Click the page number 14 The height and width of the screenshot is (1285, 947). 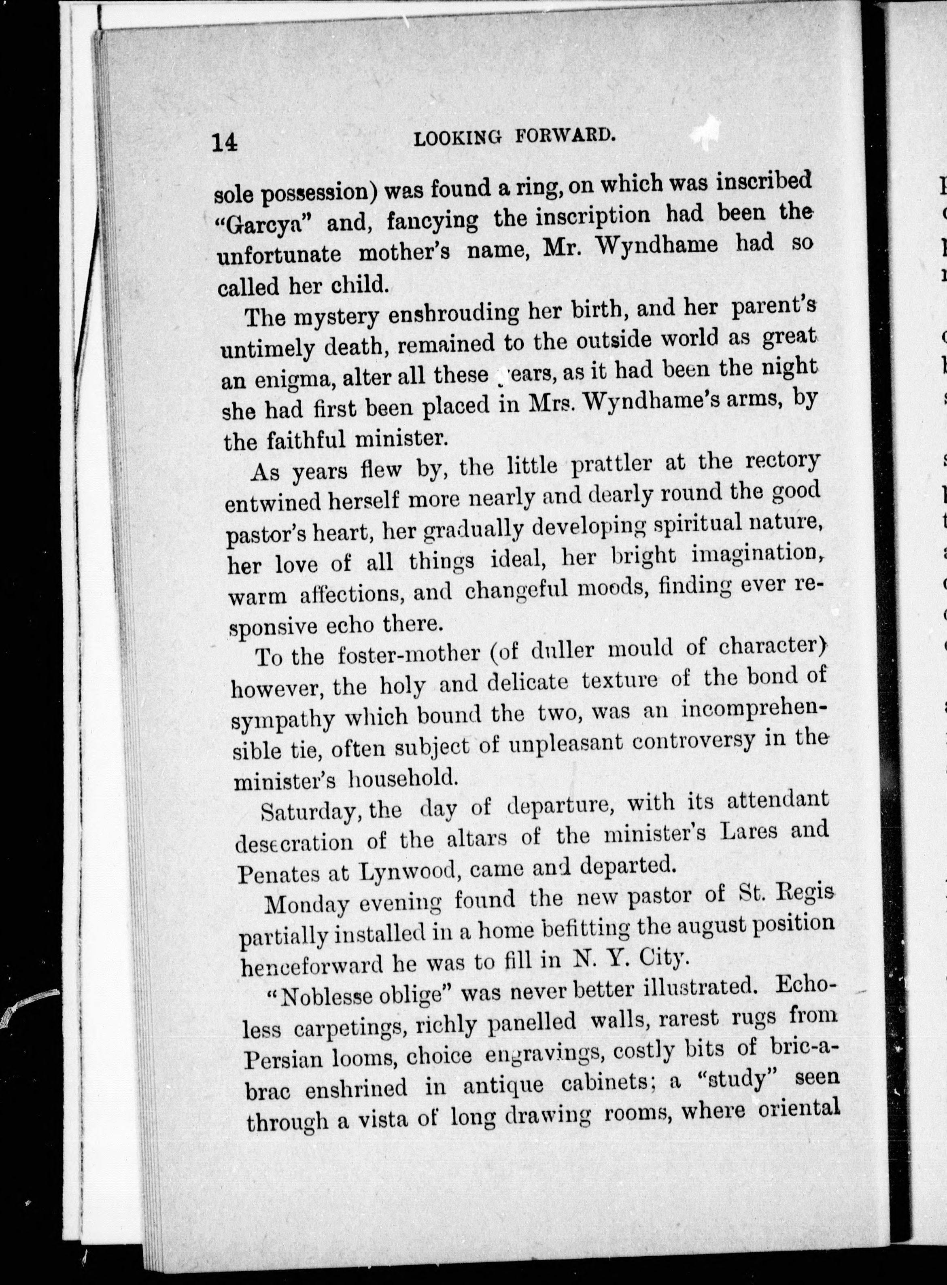[224, 142]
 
